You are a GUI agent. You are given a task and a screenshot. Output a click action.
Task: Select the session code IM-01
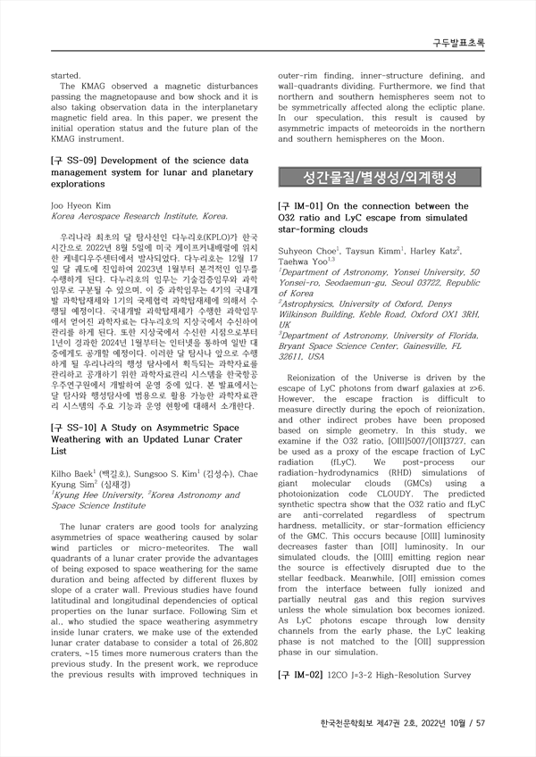click(310, 205)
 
